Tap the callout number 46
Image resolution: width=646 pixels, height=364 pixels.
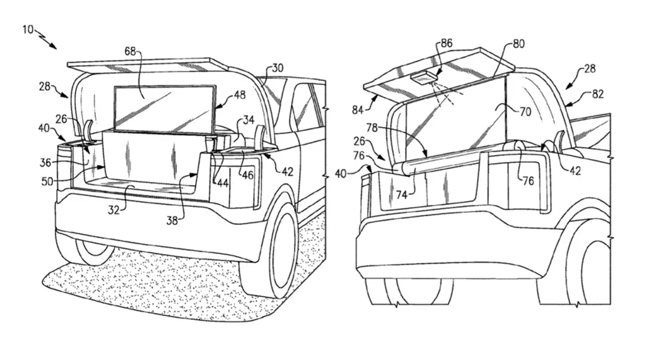pos(247,174)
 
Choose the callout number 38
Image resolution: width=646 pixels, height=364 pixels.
pos(172,221)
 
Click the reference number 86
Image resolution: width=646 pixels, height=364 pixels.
pos(446,44)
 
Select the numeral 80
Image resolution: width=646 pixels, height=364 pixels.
pos(519,44)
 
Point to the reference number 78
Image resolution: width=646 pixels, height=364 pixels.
pos(373,128)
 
